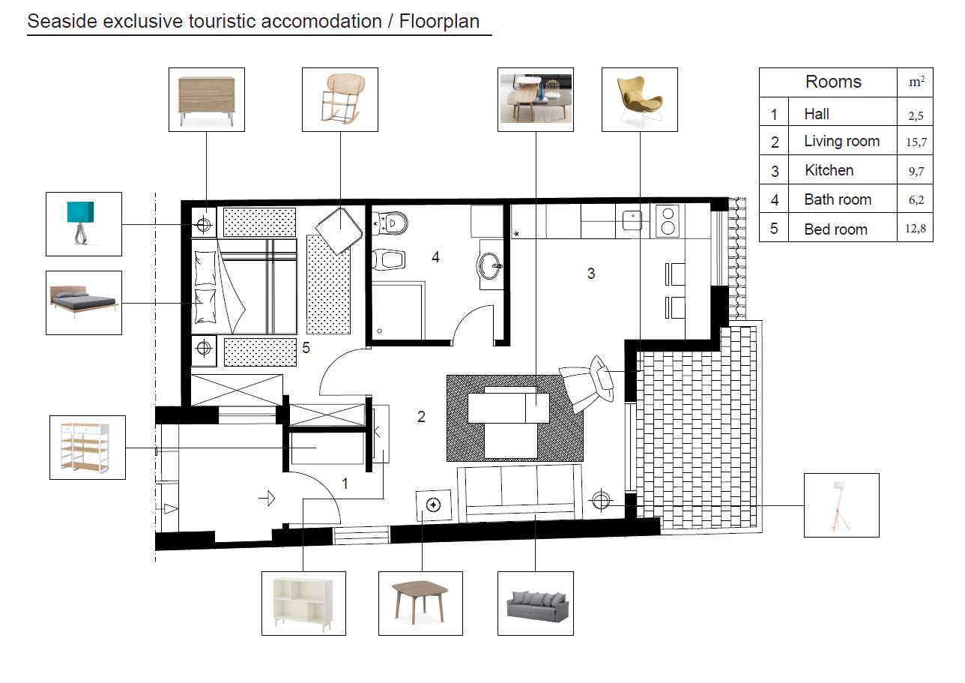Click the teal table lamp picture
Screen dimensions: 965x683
(x=84, y=223)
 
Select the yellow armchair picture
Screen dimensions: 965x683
(x=639, y=100)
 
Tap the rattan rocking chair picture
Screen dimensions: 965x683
(x=340, y=100)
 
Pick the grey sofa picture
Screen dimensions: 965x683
(x=536, y=604)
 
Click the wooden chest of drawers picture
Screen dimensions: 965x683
(x=207, y=100)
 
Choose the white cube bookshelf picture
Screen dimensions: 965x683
(x=303, y=604)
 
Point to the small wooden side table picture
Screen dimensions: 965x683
(x=420, y=604)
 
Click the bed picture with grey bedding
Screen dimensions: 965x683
(x=84, y=303)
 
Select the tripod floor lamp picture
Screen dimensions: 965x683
(x=841, y=505)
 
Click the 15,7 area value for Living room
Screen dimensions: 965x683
(x=916, y=142)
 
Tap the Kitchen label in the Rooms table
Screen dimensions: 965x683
(x=829, y=170)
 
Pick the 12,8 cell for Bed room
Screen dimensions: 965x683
(x=916, y=228)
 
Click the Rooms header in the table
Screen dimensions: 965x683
(x=833, y=82)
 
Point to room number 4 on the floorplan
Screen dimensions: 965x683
(x=435, y=257)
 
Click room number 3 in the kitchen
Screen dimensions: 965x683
(x=591, y=274)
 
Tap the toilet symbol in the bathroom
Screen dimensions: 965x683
(x=390, y=223)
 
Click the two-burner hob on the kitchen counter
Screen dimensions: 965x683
(x=668, y=221)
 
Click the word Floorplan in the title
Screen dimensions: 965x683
(x=439, y=21)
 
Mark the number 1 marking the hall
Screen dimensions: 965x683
(x=345, y=484)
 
